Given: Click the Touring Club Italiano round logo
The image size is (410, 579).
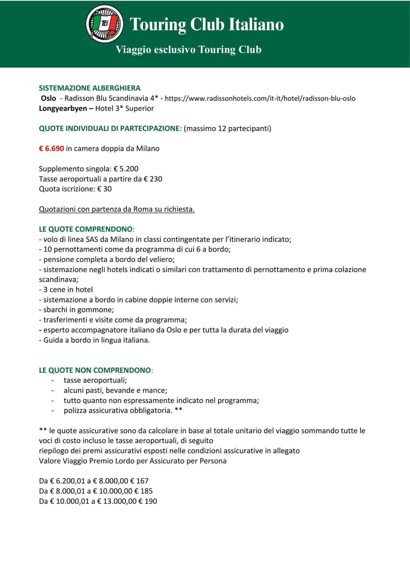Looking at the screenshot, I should (104, 24).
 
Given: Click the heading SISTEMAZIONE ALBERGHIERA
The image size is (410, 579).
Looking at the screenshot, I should (90, 88).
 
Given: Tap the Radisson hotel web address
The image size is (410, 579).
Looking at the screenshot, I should (260, 98).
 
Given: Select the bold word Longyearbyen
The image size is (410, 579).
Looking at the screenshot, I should (63, 109).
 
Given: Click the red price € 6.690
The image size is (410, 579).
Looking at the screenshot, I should (51, 149).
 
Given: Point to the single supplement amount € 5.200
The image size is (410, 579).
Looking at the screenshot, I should (126, 169).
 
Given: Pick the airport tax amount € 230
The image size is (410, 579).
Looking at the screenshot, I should (153, 179).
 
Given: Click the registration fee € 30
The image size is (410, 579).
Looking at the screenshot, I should (104, 189).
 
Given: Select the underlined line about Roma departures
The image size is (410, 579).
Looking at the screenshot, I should (117, 209).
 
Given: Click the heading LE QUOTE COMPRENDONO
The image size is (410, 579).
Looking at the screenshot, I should (86, 229).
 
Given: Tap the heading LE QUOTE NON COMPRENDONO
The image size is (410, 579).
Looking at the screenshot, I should (95, 370).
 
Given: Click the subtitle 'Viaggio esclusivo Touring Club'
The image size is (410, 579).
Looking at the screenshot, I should (188, 50).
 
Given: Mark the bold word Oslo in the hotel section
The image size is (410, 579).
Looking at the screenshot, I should (49, 98).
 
